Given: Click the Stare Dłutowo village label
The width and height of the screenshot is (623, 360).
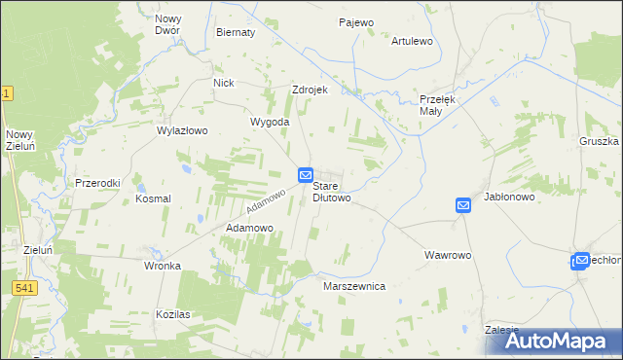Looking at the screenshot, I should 331,191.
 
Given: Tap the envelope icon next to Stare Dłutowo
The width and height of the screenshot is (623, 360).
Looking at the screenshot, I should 305,175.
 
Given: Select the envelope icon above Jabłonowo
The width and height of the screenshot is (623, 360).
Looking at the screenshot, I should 463,205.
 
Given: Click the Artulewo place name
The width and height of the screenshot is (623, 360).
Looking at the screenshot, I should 412,42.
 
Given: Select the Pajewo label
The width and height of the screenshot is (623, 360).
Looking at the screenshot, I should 356,22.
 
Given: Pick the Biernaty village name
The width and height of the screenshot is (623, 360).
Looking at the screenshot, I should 235,32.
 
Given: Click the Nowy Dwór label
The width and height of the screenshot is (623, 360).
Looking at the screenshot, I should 168,25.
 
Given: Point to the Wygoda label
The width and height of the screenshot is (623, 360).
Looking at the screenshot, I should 270,122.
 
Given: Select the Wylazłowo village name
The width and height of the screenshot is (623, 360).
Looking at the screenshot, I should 183,129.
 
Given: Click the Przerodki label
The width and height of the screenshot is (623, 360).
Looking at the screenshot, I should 96,183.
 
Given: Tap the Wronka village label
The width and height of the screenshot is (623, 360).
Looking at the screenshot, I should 163,266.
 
